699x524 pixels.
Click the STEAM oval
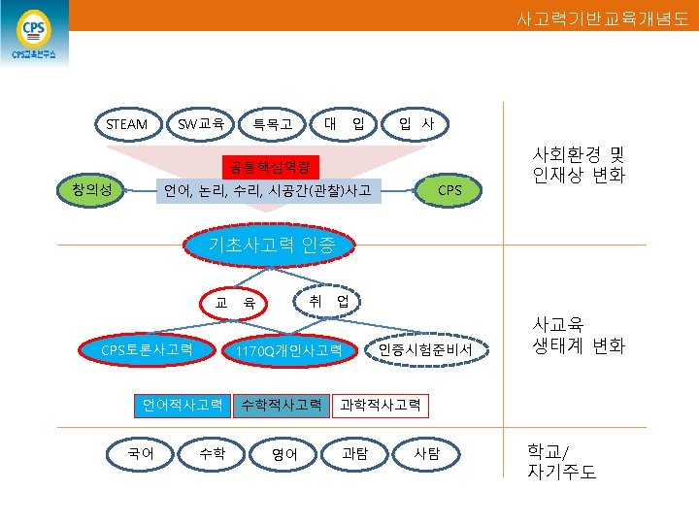pos(127,124)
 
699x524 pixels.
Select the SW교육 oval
pos(201,124)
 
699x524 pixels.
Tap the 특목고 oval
pos(273,124)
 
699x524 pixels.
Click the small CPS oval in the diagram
pos(449,189)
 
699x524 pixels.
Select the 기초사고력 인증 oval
pos(272,245)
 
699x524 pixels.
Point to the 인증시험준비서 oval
pos(424,349)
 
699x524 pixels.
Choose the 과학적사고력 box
pos(380,404)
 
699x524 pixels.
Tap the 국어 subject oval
pos(140,452)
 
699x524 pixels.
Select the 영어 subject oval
pos(284,452)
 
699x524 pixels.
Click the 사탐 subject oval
pos(426,452)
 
